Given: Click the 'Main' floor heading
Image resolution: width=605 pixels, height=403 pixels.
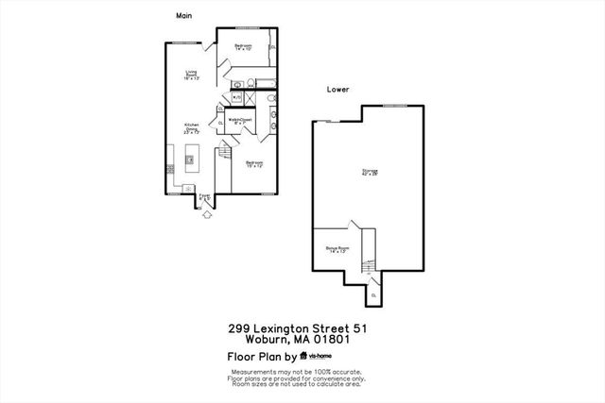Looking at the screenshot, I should (x=183, y=16).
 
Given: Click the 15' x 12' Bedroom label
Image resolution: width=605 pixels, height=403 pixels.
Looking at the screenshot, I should (x=253, y=164).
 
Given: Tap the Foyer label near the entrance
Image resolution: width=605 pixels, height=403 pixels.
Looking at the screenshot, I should (x=203, y=197).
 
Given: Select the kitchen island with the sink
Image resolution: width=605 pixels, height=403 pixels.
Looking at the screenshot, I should (x=191, y=159).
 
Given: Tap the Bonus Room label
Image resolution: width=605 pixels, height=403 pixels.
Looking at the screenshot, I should (x=337, y=250).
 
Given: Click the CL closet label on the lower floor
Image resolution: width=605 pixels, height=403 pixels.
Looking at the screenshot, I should (x=373, y=294).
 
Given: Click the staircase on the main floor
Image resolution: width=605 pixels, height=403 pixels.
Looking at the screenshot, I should (x=224, y=154).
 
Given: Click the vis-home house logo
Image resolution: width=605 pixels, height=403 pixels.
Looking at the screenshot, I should (x=304, y=357).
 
